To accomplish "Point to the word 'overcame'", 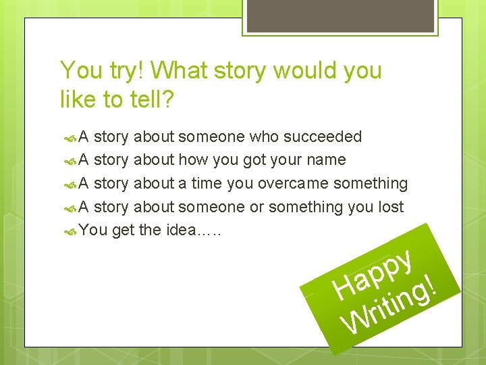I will click(x=292, y=183).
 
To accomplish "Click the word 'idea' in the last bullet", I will click(x=179, y=230).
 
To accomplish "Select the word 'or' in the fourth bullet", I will click(x=256, y=207).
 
